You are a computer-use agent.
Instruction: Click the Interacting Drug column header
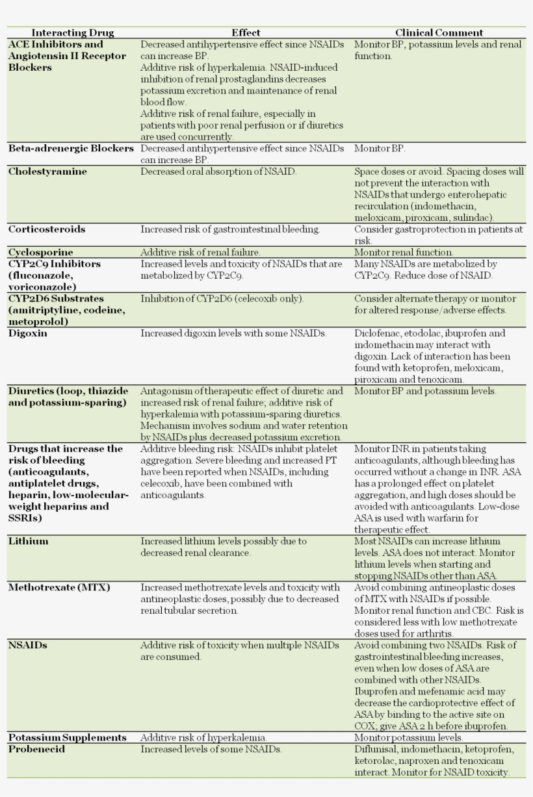(73, 32)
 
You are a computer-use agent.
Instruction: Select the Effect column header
(246, 32)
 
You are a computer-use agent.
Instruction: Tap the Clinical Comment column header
(439, 32)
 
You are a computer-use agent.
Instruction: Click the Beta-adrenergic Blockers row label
(71, 149)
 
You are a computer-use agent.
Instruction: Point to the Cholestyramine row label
(47, 171)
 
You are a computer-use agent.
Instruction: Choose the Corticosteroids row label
(47, 229)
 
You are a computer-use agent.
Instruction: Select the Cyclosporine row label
(41, 252)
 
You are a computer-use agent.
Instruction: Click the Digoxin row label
(28, 333)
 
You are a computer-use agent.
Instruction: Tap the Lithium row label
(29, 540)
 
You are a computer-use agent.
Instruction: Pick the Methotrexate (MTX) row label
(59, 587)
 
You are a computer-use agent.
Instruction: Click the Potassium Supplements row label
(68, 737)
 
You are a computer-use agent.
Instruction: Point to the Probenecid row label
(36, 749)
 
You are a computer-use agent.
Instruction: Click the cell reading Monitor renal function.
(404, 252)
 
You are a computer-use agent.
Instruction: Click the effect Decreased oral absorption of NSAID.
(218, 171)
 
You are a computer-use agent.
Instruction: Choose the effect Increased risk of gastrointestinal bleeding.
(230, 229)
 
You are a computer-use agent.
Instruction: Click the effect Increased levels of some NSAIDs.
(211, 749)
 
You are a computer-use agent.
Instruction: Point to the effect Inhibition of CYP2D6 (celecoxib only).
(222, 299)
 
